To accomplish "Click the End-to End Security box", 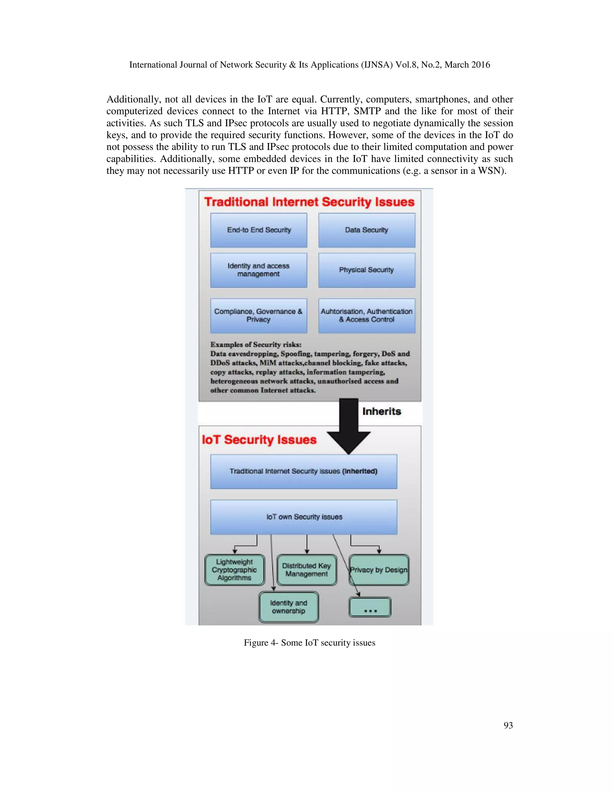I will click(259, 230).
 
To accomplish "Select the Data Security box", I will click(366, 230).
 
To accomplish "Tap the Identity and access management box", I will click(259, 270).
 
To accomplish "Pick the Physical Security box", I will click(366, 270).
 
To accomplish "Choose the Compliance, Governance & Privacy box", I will click(259, 315).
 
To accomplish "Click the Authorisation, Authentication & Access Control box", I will click(366, 315).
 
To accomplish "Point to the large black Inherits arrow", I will click(349, 425).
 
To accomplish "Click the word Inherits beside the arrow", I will click(381, 411).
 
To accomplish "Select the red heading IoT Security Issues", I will click(259, 440).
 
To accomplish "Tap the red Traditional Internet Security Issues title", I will click(309, 202).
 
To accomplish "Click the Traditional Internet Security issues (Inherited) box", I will click(304, 471).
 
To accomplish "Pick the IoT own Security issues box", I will click(304, 517).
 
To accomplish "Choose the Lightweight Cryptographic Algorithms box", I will click(235, 570).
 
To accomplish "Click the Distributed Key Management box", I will click(306, 570).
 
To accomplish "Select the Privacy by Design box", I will click(379, 570).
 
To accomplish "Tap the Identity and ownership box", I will click(289, 607).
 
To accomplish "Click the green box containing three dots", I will click(370, 607).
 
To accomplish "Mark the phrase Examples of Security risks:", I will click(256, 344).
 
